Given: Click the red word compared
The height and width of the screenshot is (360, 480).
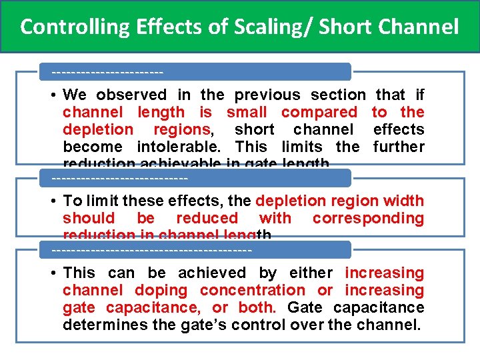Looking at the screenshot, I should pyautogui.click(x=319, y=113).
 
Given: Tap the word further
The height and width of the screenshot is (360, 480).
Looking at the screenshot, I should pyautogui.click(x=399, y=147).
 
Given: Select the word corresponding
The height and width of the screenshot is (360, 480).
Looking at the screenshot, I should pyautogui.click(x=368, y=218).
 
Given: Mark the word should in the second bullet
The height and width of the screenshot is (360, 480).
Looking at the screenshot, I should pyautogui.click(x=89, y=218).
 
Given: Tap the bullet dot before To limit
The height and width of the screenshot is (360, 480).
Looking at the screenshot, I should pyautogui.click(x=53, y=201).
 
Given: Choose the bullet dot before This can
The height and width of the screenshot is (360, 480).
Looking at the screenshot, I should pyautogui.click(x=53, y=273).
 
